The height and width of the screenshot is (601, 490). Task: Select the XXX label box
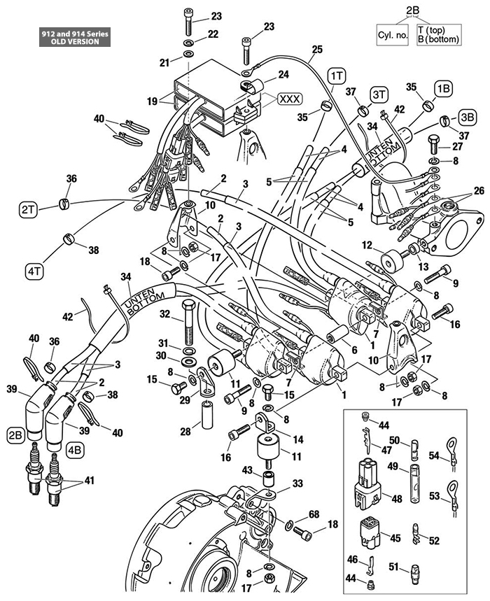(x=289, y=99)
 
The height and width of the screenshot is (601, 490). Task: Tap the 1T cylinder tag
(x=337, y=75)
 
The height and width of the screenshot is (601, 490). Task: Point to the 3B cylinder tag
(x=468, y=116)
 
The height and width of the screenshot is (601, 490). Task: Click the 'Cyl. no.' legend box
(x=394, y=35)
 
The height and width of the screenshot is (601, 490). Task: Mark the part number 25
(x=317, y=50)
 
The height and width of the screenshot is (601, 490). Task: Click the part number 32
(x=166, y=314)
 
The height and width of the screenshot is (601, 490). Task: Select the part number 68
(x=314, y=514)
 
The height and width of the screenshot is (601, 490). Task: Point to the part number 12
(x=366, y=244)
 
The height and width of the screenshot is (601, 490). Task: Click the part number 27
(x=457, y=147)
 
